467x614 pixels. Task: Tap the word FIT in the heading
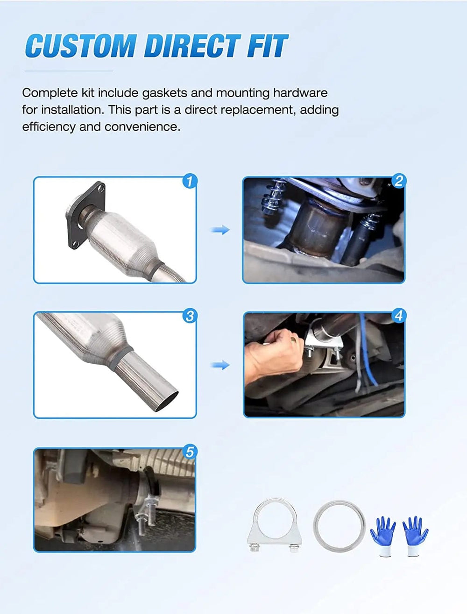tap(267, 46)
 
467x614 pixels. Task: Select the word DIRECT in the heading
tap(192, 46)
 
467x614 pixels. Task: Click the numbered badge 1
tap(190, 181)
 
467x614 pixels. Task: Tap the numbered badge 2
tap(398, 181)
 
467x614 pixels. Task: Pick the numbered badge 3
tap(190, 316)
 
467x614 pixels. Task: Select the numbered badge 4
tap(398, 316)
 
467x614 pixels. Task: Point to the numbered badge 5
tap(190, 452)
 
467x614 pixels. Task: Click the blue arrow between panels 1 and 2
tap(220, 230)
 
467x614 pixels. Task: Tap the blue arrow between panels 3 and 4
tap(220, 365)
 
